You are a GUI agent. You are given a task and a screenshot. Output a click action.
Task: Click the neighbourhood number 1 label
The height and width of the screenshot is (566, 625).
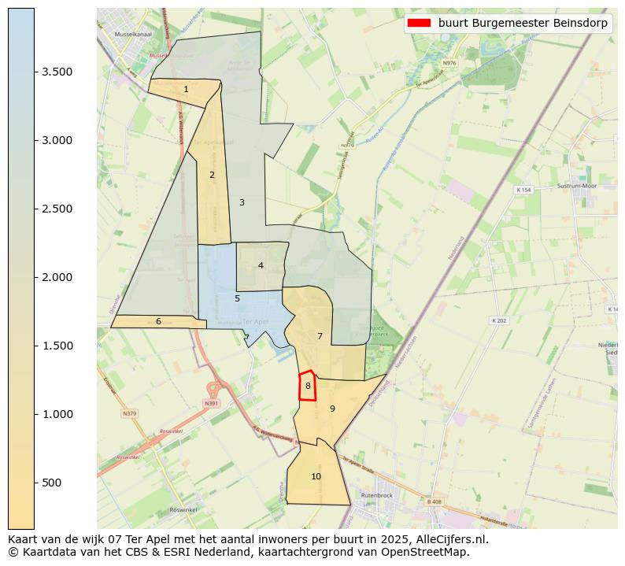pos(186,89)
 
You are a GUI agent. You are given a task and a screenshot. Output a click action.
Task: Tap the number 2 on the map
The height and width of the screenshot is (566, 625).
pos(212,175)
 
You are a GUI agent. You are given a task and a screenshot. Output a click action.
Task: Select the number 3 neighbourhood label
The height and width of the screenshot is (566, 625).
pos(242,202)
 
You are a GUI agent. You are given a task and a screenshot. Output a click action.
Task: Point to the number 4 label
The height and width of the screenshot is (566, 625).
pos(261,265)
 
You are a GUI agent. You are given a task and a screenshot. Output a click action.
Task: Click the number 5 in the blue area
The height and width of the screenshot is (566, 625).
pos(237,298)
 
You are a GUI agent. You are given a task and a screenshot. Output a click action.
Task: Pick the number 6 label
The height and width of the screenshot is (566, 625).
pos(158,321)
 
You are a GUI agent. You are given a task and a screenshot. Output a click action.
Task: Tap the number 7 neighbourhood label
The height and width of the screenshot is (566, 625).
pos(320,336)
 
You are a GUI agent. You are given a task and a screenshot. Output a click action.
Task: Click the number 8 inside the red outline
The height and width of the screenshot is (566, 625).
pos(308,386)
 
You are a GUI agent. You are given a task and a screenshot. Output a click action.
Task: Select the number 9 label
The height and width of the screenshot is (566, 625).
pos(332,409)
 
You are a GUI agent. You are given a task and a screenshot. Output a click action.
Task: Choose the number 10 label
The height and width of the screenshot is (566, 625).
pos(316,476)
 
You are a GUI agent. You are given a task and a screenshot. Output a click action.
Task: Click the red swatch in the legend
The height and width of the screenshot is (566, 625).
pos(419,24)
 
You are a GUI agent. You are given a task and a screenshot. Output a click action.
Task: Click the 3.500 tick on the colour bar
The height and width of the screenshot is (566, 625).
pos(57,72)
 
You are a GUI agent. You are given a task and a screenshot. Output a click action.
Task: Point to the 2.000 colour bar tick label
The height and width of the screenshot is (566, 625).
pos(57,277)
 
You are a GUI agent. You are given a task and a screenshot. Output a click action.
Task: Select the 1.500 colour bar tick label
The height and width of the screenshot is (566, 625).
pos(57,346)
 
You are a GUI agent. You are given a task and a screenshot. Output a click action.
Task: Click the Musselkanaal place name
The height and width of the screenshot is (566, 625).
pos(131,35)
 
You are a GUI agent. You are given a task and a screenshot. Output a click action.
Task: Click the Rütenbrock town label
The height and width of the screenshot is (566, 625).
pos(376,495)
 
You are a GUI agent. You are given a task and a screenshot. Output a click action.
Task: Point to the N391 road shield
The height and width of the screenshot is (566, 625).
pos(210,403)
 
